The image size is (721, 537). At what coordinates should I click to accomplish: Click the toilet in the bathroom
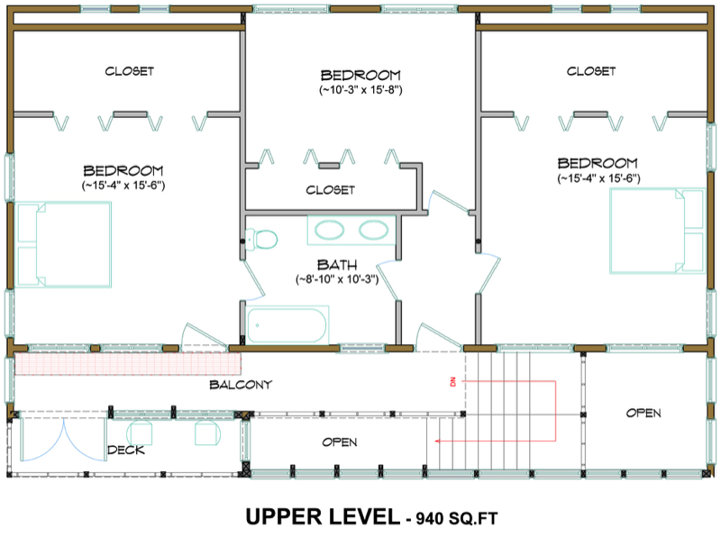point(264,240)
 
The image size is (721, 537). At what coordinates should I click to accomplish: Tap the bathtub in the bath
point(287,324)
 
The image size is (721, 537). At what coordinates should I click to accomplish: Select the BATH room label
point(336,265)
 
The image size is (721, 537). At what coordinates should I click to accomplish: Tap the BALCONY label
point(241,385)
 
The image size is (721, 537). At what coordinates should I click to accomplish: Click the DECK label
point(127,450)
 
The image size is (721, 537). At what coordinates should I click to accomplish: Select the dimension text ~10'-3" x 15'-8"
point(360,90)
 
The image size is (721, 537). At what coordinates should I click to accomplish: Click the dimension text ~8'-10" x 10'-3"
point(336,279)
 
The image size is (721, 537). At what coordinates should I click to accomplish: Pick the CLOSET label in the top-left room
point(129,70)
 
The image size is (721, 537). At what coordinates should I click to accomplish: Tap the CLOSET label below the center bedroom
point(330,190)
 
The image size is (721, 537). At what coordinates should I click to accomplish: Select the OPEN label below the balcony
point(339,442)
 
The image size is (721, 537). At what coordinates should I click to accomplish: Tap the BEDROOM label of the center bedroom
point(360,75)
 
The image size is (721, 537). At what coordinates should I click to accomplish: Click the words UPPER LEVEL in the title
point(322,516)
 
